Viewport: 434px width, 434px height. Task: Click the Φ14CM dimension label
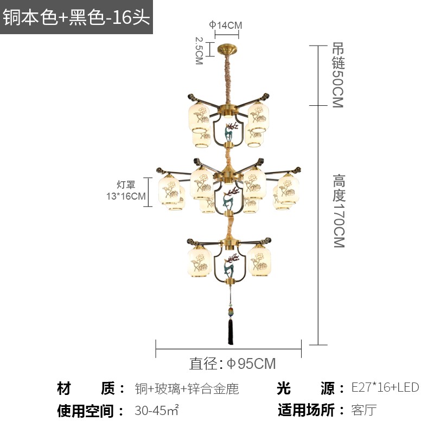click(226, 25)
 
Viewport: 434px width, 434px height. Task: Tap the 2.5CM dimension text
click(199, 51)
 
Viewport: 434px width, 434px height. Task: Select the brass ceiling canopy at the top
click(227, 48)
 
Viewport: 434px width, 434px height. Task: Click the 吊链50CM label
click(338, 75)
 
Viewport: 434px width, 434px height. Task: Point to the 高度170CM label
click(339, 210)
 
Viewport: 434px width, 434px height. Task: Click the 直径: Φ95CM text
click(232, 363)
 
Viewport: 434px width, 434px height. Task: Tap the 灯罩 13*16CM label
click(126, 190)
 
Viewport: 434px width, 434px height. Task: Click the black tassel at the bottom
click(230, 331)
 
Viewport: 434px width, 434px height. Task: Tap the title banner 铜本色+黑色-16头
click(76, 17)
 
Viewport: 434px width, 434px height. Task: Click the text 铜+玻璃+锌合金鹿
click(187, 388)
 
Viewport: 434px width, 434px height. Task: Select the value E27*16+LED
click(385, 387)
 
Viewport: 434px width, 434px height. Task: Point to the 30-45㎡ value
click(157, 410)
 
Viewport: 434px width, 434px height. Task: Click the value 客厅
click(364, 410)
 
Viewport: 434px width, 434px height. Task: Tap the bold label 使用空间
click(85, 411)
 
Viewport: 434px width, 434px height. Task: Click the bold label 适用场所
click(306, 410)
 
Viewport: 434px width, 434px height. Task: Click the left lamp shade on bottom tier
click(200, 261)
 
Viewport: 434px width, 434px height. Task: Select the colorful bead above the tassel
click(230, 312)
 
